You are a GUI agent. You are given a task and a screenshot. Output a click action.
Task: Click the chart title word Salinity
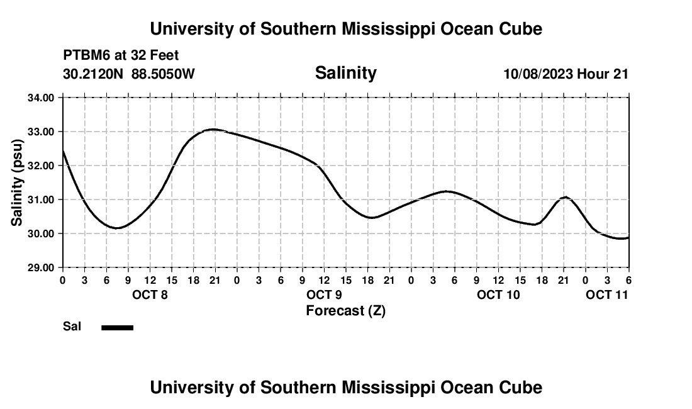(345, 73)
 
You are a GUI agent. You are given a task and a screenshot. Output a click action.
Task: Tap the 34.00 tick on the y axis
(41, 98)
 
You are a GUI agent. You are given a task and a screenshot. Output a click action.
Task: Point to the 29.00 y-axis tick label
(41, 267)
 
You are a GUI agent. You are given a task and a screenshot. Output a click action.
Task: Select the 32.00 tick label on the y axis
(41, 165)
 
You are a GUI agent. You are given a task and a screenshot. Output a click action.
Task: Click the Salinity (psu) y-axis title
(18, 182)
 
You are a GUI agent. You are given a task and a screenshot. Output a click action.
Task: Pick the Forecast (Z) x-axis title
(345, 311)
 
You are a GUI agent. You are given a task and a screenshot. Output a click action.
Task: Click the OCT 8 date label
(150, 294)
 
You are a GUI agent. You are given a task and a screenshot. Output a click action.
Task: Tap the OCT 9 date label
(324, 294)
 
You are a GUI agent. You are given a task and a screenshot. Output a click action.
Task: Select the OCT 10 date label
(498, 294)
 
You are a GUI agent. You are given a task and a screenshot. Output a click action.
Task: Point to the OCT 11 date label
(607, 294)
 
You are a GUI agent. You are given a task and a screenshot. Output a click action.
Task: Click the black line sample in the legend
(118, 327)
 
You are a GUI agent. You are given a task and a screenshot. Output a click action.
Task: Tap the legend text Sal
(72, 327)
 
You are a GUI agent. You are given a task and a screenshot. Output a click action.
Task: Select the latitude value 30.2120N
(94, 74)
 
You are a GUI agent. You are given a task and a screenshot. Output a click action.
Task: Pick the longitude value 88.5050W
(164, 74)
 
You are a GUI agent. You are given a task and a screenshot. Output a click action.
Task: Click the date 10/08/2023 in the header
(538, 74)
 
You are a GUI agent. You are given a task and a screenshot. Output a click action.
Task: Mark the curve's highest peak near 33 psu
(214, 129)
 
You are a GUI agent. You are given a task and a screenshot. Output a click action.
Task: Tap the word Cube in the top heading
(521, 29)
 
